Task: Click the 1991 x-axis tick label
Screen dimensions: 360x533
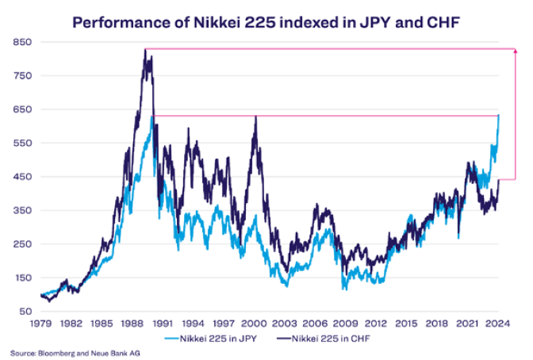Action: pos(162,324)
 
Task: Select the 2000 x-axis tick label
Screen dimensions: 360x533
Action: pos(254,324)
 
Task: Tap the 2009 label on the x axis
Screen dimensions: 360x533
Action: pos(345,324)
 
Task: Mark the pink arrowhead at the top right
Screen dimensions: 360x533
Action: pos(516,52)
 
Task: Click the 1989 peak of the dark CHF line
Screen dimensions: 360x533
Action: pos(145,50)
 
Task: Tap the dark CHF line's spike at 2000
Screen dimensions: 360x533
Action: pos(255,117)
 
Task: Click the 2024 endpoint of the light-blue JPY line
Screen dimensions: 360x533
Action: pos(499,115)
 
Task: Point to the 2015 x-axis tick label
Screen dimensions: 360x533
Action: pos(406,324)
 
